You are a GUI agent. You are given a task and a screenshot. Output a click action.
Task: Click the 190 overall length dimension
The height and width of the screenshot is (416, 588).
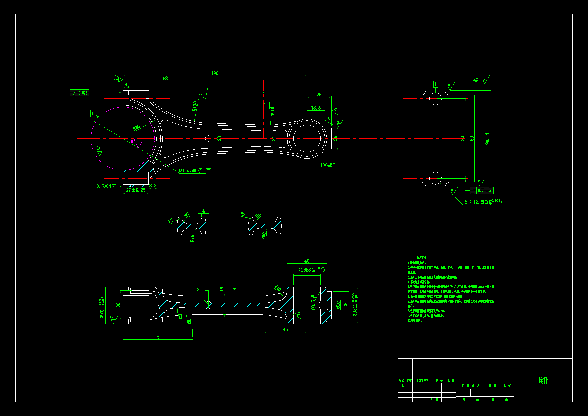click(215, 73)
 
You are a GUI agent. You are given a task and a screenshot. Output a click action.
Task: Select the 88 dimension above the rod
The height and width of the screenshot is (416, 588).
click(165, 78)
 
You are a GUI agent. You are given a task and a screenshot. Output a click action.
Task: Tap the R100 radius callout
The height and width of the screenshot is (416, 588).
click(195, 106)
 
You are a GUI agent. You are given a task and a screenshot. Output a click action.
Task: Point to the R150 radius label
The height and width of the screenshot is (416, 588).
click(272, 111)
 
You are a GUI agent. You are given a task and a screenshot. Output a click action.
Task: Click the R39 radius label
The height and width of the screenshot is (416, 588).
click(136, 128)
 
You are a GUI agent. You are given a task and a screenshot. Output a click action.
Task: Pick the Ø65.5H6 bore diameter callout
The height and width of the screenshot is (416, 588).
click(195, 170)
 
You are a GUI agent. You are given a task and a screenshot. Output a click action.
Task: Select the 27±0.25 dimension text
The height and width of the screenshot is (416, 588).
click(136, 190)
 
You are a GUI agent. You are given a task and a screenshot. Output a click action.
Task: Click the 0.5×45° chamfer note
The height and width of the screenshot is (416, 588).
click(106, 186)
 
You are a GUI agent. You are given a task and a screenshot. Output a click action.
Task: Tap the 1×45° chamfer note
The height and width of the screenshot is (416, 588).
click(327, 165)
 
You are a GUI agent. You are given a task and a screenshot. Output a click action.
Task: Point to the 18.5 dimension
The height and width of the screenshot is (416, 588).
click(316, 108)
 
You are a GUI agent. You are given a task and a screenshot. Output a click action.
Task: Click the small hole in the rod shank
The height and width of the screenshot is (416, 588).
click(208, 138)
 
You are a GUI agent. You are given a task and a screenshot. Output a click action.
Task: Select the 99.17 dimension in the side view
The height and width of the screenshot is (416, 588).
click(487, 138)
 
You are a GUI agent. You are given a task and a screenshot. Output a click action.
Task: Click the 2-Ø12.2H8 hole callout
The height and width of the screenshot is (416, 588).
click(483, 202)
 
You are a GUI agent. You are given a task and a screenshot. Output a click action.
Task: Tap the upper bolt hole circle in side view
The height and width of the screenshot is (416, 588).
click(435, 98)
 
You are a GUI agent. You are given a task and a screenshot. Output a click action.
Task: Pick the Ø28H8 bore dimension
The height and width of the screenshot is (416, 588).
click(311, 270)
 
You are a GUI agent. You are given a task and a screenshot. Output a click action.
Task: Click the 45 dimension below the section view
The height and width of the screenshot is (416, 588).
click(285, 330)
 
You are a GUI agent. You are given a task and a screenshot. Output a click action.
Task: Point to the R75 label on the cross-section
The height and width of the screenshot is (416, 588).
click(192, 238)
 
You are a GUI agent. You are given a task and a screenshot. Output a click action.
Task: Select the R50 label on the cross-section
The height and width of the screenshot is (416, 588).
click(264, 236)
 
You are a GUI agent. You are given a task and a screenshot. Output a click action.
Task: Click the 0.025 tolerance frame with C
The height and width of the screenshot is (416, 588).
click(79, 93)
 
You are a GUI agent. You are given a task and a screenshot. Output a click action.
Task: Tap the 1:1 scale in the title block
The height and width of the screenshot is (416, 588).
click(507, 393)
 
